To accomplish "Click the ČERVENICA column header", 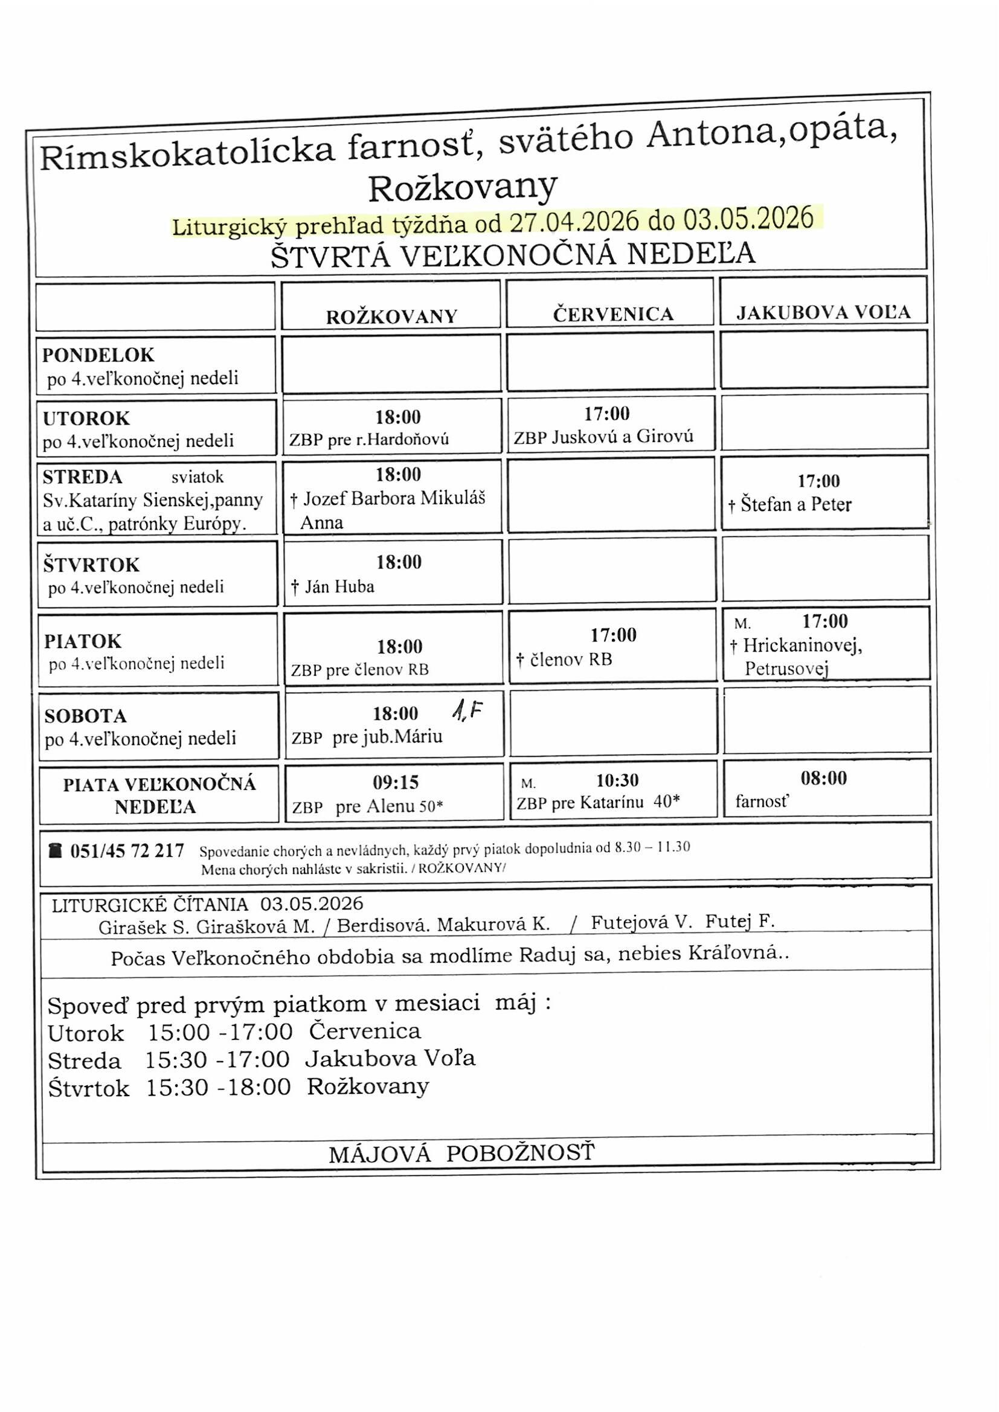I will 613,314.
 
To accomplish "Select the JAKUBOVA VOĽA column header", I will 824,312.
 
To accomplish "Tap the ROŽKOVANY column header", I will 392,316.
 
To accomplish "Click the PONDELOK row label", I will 98,355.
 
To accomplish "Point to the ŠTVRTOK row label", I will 92,565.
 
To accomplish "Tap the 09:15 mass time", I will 396,782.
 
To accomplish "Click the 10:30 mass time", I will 618,780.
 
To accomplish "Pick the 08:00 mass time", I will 824,778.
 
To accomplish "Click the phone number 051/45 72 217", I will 127,850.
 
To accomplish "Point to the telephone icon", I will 56,850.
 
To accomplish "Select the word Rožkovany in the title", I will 463,188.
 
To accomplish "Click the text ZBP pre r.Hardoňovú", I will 369,439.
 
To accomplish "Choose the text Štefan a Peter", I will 796,505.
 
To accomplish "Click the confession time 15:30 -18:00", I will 219,1086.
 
